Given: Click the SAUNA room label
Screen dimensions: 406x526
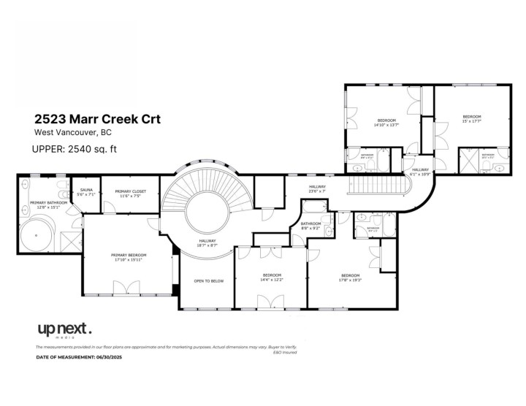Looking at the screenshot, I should [87, 192].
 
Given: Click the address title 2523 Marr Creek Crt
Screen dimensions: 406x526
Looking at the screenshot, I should [98, 118].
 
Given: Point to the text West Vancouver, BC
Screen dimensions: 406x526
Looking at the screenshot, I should [71, 133].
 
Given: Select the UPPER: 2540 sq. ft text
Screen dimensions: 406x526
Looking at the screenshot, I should [75, 150].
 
